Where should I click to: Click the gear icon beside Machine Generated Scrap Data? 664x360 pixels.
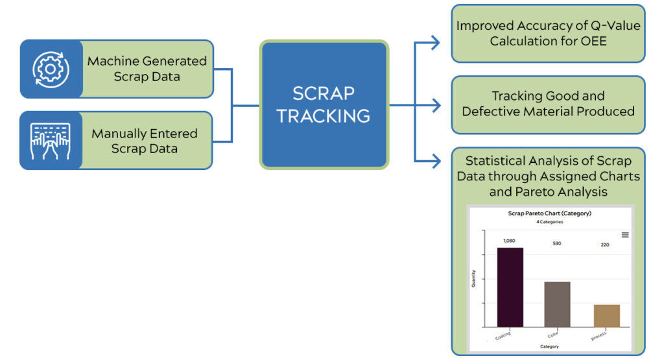(51, 69)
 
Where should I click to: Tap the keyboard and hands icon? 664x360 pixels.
(51, 141)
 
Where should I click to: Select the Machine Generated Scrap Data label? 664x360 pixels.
(147, 69)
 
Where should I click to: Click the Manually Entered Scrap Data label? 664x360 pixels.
(145, 141)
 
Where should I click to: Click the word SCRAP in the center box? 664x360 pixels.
(324, 93)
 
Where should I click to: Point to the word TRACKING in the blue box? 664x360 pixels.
(324, 116)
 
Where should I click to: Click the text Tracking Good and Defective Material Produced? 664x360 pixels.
(548, 104)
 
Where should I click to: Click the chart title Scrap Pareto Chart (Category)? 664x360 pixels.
(549, 213)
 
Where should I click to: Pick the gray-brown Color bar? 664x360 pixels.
(557, 304)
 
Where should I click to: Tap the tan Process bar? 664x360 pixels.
(606, 315)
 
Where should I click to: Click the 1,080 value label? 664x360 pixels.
(510, 241)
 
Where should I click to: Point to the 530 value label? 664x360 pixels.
(557, 244)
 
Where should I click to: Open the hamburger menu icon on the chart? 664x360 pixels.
(625, 235)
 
